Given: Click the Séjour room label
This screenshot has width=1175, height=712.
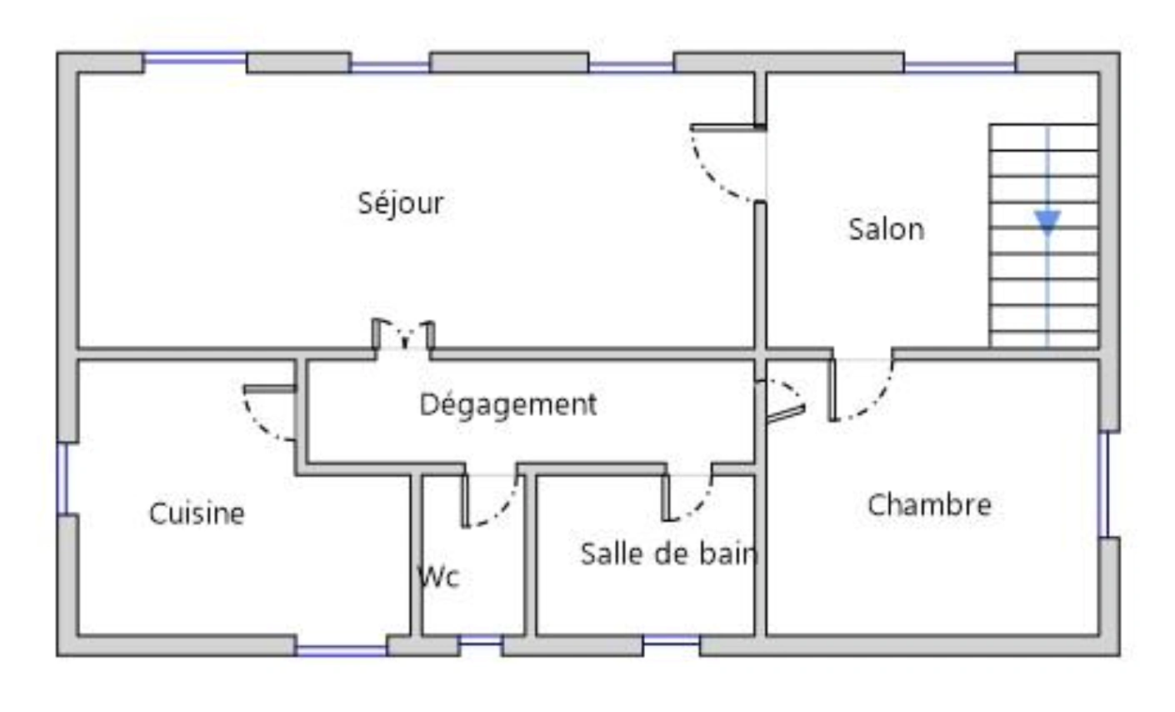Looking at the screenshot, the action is (x=401, y=203).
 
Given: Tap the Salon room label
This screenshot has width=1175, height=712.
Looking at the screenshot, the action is (x=887, y=230).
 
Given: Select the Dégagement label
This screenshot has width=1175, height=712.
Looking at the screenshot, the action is (x=508, y=405).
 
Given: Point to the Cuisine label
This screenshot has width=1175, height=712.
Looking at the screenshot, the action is (x=197, y=513).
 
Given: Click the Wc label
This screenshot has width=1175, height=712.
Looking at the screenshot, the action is (x=438, y=577).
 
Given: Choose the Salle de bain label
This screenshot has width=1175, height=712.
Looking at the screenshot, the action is (x=669, y=554).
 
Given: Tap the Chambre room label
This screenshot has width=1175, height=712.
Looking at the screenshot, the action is (x=929, y=504).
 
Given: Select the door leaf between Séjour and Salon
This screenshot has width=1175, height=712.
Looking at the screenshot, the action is (x=728, y=128).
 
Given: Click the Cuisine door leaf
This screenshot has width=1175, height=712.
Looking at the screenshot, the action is (x=270, y=389).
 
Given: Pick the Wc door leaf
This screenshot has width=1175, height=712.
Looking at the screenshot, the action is (x=465, y=500).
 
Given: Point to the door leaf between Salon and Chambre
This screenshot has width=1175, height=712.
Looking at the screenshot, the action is (x=832, y=390).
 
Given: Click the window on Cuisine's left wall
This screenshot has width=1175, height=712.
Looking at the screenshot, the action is (x=62, y=479).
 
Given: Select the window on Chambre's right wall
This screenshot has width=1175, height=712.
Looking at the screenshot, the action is (x=1103, y=485).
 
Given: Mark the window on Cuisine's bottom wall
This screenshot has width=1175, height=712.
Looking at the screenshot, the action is (x=342, y=651).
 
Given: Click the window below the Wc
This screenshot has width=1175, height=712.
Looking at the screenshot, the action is (x=481, y=640).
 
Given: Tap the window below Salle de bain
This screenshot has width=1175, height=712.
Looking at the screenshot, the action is (x=672, y=640).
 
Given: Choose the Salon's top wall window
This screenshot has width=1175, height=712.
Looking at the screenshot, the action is (x=960, y=68).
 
